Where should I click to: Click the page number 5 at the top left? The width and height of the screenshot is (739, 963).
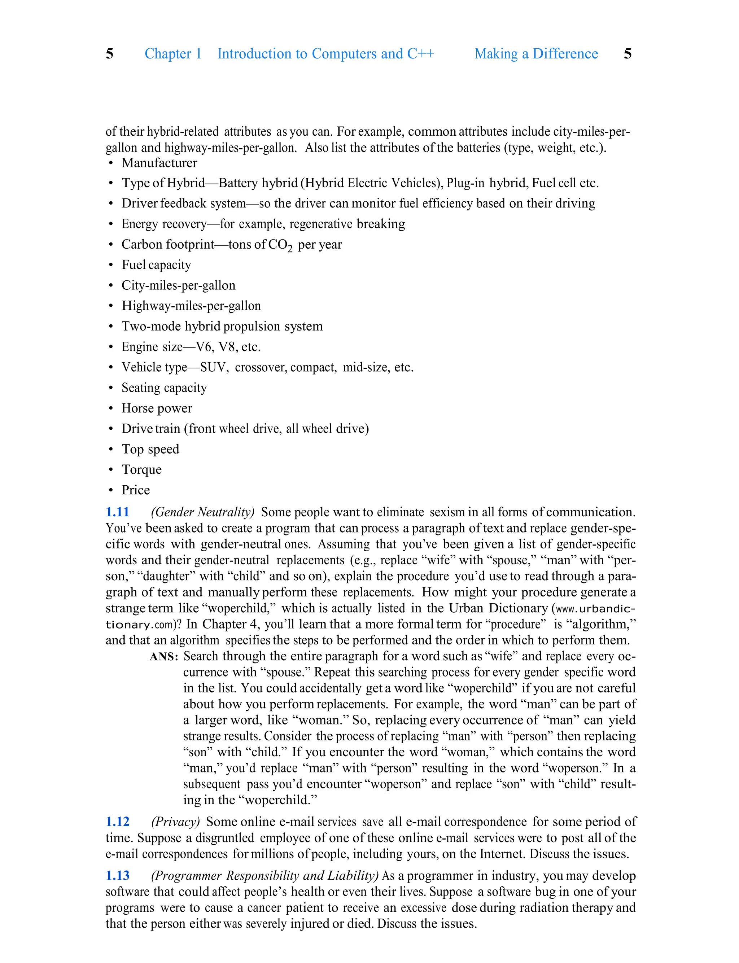tap(110, 54)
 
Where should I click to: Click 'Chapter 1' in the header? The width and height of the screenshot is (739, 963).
tap(173, 54)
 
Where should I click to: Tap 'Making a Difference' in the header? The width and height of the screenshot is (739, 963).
tap(536, 54)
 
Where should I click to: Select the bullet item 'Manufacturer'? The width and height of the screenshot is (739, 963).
tap(159, 163)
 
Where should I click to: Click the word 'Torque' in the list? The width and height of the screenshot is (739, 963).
tap(142, 470)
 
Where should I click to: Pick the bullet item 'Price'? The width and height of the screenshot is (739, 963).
tap(135, 490)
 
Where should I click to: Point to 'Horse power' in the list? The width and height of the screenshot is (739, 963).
tap(157, 408)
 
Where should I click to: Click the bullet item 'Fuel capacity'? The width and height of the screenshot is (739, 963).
tap(156, 265)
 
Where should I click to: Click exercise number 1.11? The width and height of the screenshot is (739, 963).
tap(117, 512)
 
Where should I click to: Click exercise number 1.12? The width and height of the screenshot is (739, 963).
tap(117, 822)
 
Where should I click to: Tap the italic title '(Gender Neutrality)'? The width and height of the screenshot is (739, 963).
tap(203, 512)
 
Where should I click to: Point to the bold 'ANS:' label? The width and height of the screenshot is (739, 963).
tap(163, 657)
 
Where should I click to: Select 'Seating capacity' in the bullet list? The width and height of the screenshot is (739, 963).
tap(164, 388)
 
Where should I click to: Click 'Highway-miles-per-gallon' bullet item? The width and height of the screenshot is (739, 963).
tap(191, 306)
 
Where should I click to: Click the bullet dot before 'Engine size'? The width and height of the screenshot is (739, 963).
tap(111, 347)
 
